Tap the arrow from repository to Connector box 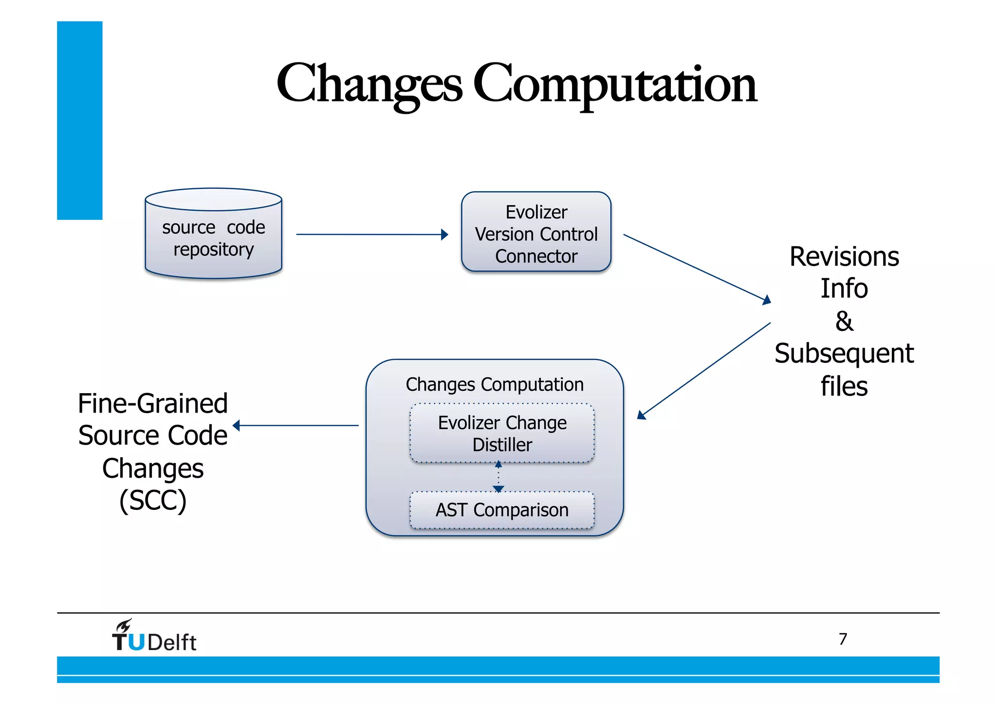click(370, 235)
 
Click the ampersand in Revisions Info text click(844, 321)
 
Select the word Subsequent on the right click(844, 353)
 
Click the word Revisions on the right click(844, 257)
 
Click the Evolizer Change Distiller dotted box click(502, 433)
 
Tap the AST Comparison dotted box click(502, 510)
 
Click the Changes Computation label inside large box click(495, 384)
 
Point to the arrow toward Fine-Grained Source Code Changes click(297, 425)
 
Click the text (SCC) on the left click(153, 500)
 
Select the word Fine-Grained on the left click(153, 404)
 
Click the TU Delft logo click(154, 637)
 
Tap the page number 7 click(843, 638)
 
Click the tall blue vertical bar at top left click(79, 120)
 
